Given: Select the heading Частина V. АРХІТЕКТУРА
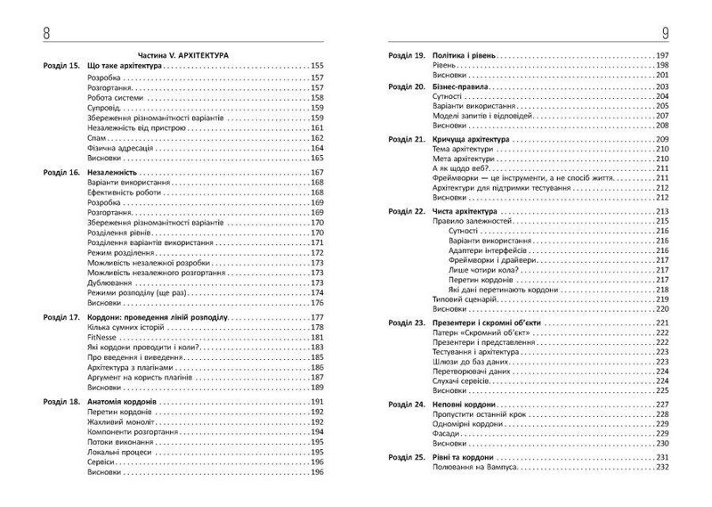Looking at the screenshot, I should pyautogui.click(x=183, y=55).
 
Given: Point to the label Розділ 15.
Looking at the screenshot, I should pyautogui.click(x=61, y=66).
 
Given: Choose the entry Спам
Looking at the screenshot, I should pyautogui.click(x=98, y=137).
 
